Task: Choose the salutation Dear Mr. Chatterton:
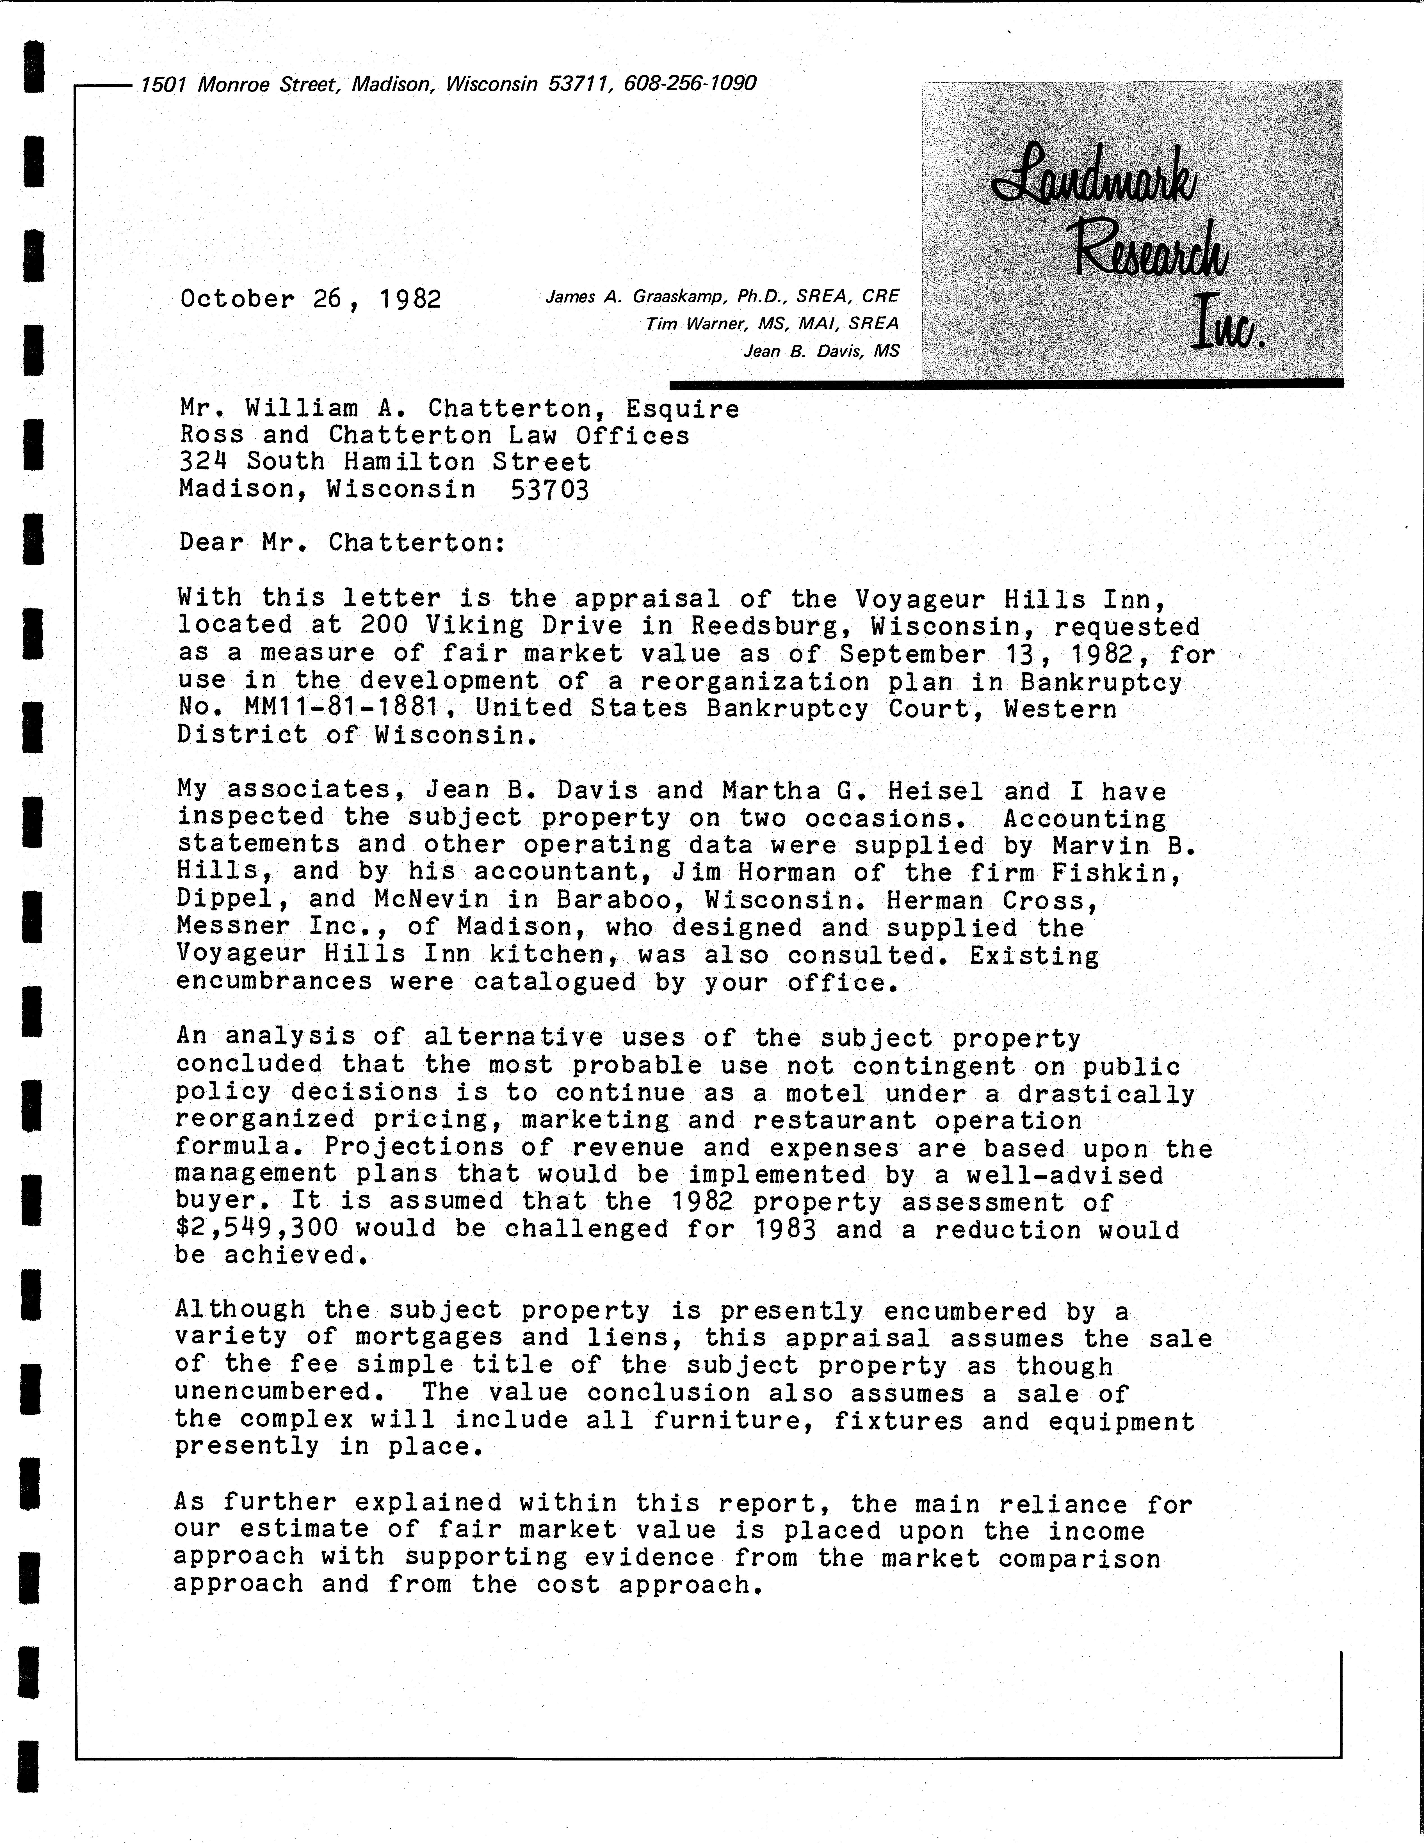tap(342, 542)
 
